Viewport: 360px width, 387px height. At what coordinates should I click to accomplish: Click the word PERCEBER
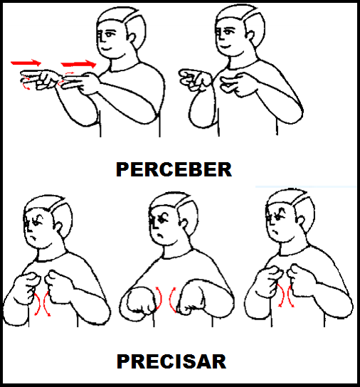[174, 169]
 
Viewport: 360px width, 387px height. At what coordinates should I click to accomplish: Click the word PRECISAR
[171, 361]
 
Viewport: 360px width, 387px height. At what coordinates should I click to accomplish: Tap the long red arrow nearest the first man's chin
[78, 64]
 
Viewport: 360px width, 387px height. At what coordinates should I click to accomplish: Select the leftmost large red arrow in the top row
[26, 63]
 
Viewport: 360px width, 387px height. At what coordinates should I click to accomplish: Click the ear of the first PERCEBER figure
[132, 39]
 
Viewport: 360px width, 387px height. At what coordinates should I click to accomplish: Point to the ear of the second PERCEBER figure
[250, 36]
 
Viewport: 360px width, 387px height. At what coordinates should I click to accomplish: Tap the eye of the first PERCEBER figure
[109, 33]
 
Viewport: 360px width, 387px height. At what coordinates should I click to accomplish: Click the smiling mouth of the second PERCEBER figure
[224, 46]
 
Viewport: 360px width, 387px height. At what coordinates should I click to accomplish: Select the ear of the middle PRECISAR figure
[184, 223]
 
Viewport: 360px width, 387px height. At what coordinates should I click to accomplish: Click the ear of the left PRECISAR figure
[58, 226]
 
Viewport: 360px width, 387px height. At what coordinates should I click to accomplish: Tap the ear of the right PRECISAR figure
[301, 220]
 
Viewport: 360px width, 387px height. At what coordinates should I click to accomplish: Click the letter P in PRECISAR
[122, 361]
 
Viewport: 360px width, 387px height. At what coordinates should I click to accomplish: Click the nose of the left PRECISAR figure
[29, 228]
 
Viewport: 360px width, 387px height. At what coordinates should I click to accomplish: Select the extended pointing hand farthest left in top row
[41, 80]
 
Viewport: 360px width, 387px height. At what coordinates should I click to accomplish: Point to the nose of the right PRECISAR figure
[271, 222]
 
